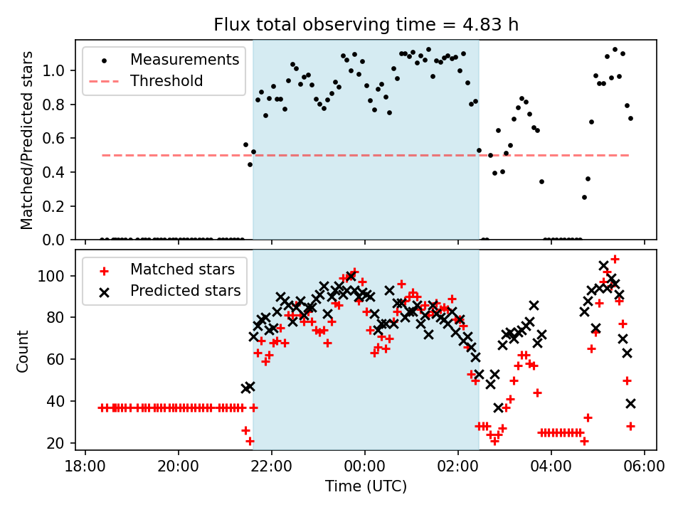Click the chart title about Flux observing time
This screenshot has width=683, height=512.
click(x=366, y=25)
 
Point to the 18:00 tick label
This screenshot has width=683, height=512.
click(x=85, y=466)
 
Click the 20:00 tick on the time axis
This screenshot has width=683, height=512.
click(x=179, y=466)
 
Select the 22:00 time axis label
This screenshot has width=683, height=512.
click(x=272, y=466)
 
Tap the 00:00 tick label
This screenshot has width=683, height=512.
click(x=365, y=466)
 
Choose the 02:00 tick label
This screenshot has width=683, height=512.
click(x=458, y=466)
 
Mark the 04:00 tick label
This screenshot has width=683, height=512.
click(x=551, y=466)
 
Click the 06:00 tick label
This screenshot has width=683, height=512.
click(x=645, y=466)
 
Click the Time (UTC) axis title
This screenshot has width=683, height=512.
click(x=366, y=486)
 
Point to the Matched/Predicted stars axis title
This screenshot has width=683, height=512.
click(x=27, y=140)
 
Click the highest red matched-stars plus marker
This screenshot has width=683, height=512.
click(x=615, y=259)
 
